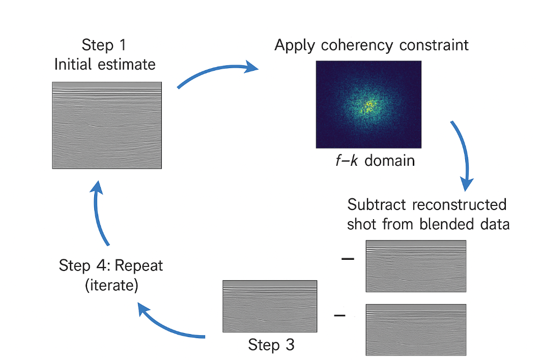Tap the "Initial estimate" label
pyautogui.click(x=104, y=65)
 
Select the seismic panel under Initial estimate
pyautogui.click(x=107, y=125)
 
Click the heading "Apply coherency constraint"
pyautogui.click(x=371, y=45)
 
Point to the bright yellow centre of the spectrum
pyautogui.click(x=368, y=106)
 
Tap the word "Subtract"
pyautogui.click(x=378, y=205)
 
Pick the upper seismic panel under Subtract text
pyautogui.click(x=416, y=266)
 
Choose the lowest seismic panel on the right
pyautogui.click(x=416, y=329)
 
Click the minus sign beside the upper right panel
pyautogui.click(x=347, y=259)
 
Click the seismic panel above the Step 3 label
pyautogui.click(x=270, y=306)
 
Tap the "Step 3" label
pyautogui.click(x=271, y=345)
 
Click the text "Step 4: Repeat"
pyautogui.click(x=111, y=265)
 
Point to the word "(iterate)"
pyautogui.click(x=111, y=285)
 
